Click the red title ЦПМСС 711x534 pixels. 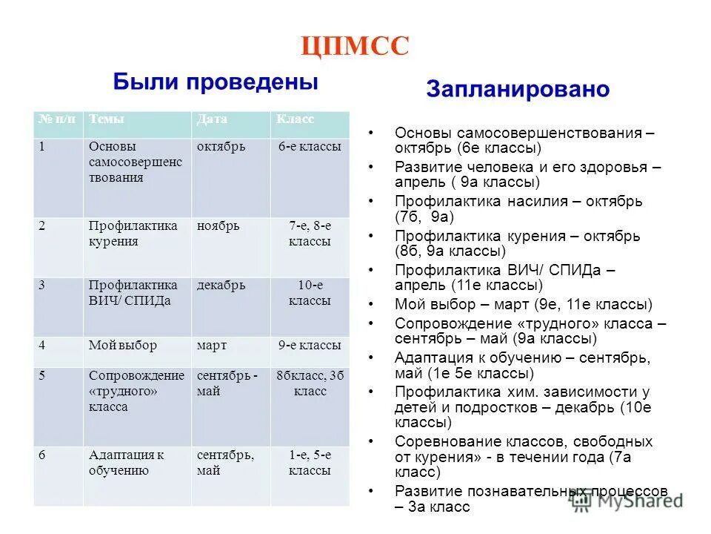[x=355, y=47]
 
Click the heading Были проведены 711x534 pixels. [x=216, y=82]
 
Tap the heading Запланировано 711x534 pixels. [x=518, y=90]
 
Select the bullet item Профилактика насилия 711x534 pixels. [x=518, y=209]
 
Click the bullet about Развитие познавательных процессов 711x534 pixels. [x=530, y=499]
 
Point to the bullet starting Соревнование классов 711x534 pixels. [x=523, y=456]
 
